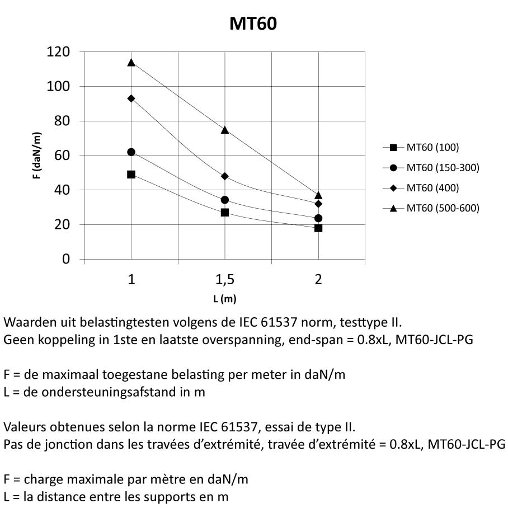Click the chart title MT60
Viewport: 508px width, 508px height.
pos(253,23)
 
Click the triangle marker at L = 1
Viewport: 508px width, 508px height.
pos(131,62)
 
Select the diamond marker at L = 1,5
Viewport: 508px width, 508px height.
pos(225,176)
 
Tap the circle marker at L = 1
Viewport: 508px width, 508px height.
pos(131,152)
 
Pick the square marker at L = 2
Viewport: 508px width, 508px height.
pos(318,228)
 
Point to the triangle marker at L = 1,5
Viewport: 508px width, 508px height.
pos(225,130)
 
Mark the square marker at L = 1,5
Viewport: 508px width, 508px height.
pos(225,213)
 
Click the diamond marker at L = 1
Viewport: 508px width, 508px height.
pos(131,98)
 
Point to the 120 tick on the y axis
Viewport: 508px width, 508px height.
pos(59,52)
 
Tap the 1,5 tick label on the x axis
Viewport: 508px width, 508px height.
pos(225,279)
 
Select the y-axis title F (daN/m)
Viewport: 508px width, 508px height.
pos(36,156)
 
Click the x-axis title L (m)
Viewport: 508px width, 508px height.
pos(225,299)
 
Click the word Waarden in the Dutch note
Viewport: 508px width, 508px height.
pos(27,323)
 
